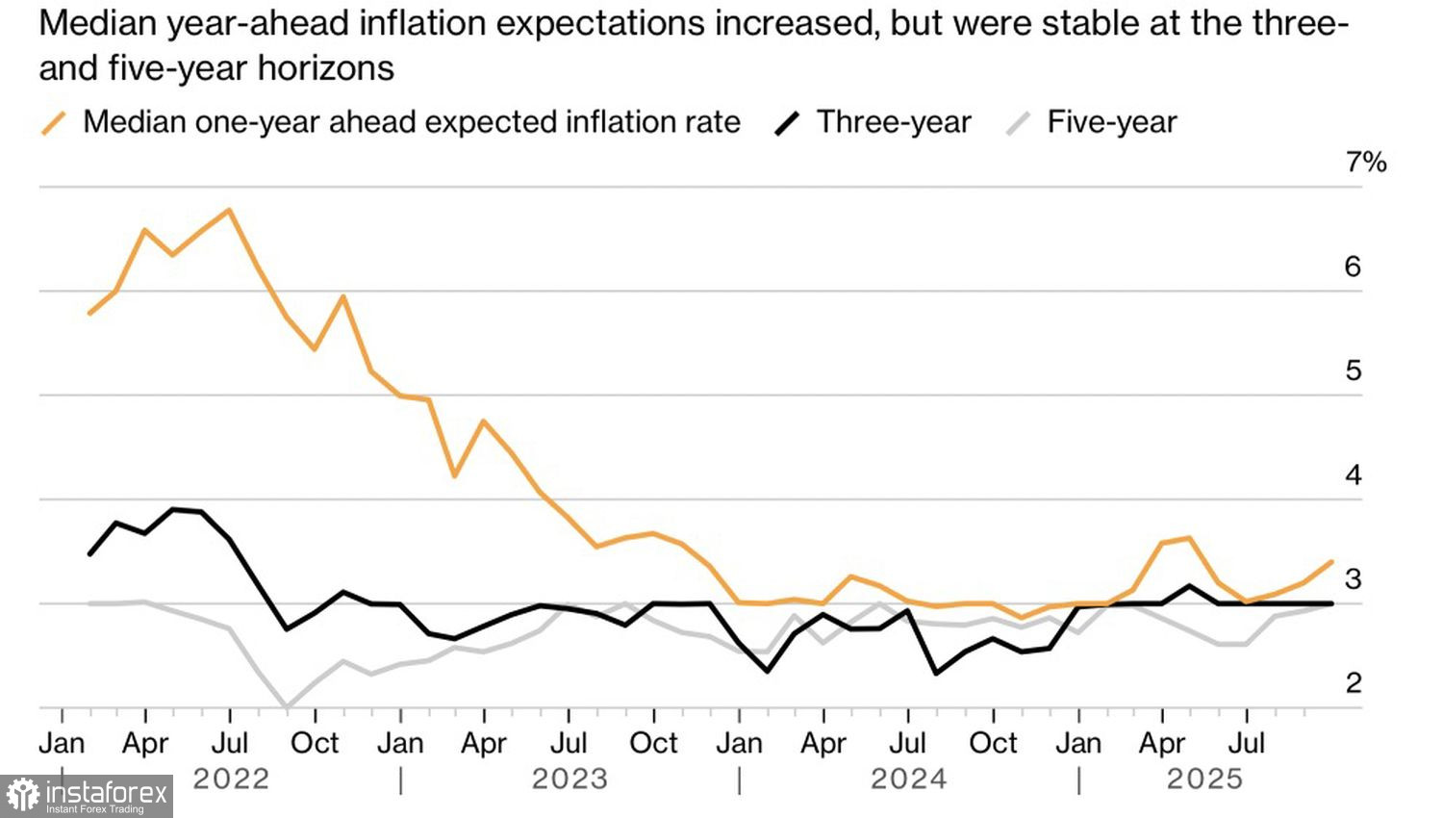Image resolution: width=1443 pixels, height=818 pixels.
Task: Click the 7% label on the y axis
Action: (1365, 163)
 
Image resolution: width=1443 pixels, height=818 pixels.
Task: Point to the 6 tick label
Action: (1353, 267)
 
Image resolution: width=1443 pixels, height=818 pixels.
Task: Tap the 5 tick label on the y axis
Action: (1353, 371)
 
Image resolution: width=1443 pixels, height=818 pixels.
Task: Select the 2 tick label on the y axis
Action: (1353, 683)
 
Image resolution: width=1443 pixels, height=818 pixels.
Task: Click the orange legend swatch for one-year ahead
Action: (55, 123)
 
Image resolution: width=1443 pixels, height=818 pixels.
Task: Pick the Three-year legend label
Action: (894, 122)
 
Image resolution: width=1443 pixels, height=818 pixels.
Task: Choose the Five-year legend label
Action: (1111, 122)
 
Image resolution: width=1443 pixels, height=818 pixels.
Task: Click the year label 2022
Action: (231, 779)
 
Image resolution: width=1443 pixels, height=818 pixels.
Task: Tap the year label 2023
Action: (570, 779)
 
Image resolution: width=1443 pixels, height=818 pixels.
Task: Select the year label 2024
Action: (908, 779)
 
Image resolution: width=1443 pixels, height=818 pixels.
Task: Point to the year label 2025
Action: (1204, 779)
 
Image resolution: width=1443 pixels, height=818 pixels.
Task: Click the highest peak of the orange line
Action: (229, 210)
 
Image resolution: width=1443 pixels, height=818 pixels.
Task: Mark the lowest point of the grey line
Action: (286, 707)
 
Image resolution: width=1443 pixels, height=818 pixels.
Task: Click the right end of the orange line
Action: (1332, 561)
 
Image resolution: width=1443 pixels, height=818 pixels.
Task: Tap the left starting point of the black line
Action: (89, 554)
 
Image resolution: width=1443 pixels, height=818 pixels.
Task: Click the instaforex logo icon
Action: (23, 796)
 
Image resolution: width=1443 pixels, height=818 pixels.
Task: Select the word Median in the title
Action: (96, 24)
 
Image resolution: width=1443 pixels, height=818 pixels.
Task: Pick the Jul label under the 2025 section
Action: (1248, 743)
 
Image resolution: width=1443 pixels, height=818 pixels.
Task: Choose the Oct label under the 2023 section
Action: (654, 743)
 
